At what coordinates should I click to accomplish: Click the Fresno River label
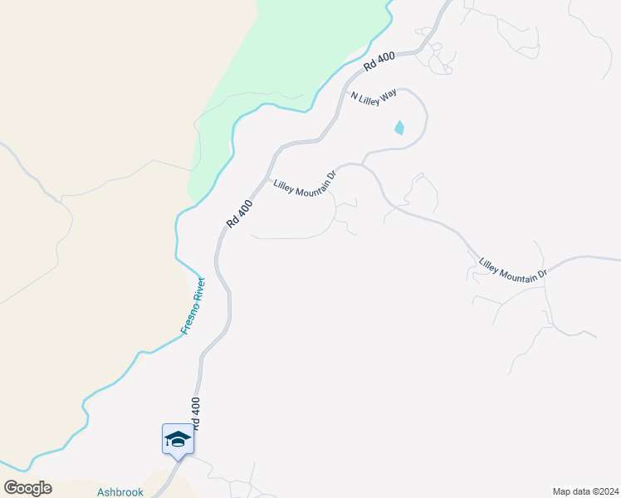[193, 305]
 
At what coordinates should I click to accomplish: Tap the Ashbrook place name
[120, 491]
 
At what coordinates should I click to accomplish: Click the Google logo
[27, 487]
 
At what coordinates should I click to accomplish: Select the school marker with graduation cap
[178, 439]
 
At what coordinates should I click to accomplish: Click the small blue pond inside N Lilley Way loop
[399, 128]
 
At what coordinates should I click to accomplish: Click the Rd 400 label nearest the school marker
[196, 413]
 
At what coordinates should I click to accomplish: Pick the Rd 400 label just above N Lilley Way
[379, 60]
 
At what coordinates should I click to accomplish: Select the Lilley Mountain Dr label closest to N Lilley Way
[305, 180]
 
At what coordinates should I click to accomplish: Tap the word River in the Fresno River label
[198, 290]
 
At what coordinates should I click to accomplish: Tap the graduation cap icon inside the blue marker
[178, 437]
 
